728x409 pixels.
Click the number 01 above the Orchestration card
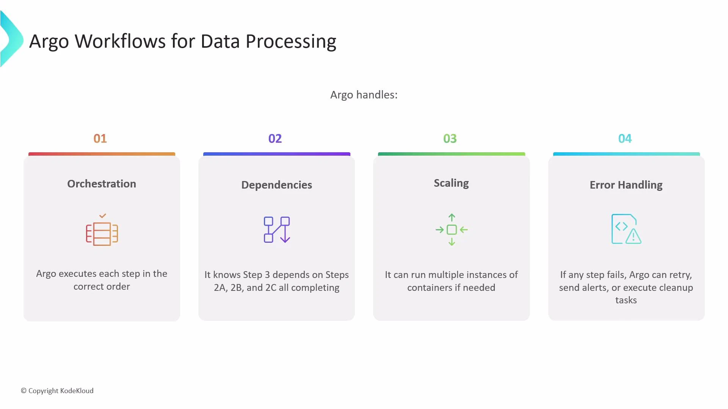[100, 139]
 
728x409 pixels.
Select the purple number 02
[275, 139]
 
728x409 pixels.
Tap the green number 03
[450, 139]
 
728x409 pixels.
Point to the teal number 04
[625, 139]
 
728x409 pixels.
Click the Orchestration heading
[102, 184]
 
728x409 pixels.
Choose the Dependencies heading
[276, 185]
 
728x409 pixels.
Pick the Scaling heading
[451, 183]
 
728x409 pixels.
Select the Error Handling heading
[626, 185]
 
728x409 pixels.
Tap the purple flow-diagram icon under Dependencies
[277, 229]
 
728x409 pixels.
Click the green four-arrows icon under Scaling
[452, 229]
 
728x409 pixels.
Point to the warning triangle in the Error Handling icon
[633, 237]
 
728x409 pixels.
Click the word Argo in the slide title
[49, 42]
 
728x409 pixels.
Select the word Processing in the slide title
[291, 42]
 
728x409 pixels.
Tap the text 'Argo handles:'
[364, 95]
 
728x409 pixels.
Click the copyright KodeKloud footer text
[57, 391]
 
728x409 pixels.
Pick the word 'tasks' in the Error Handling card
[626, 300]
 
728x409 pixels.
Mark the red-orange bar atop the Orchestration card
[102, 154]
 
